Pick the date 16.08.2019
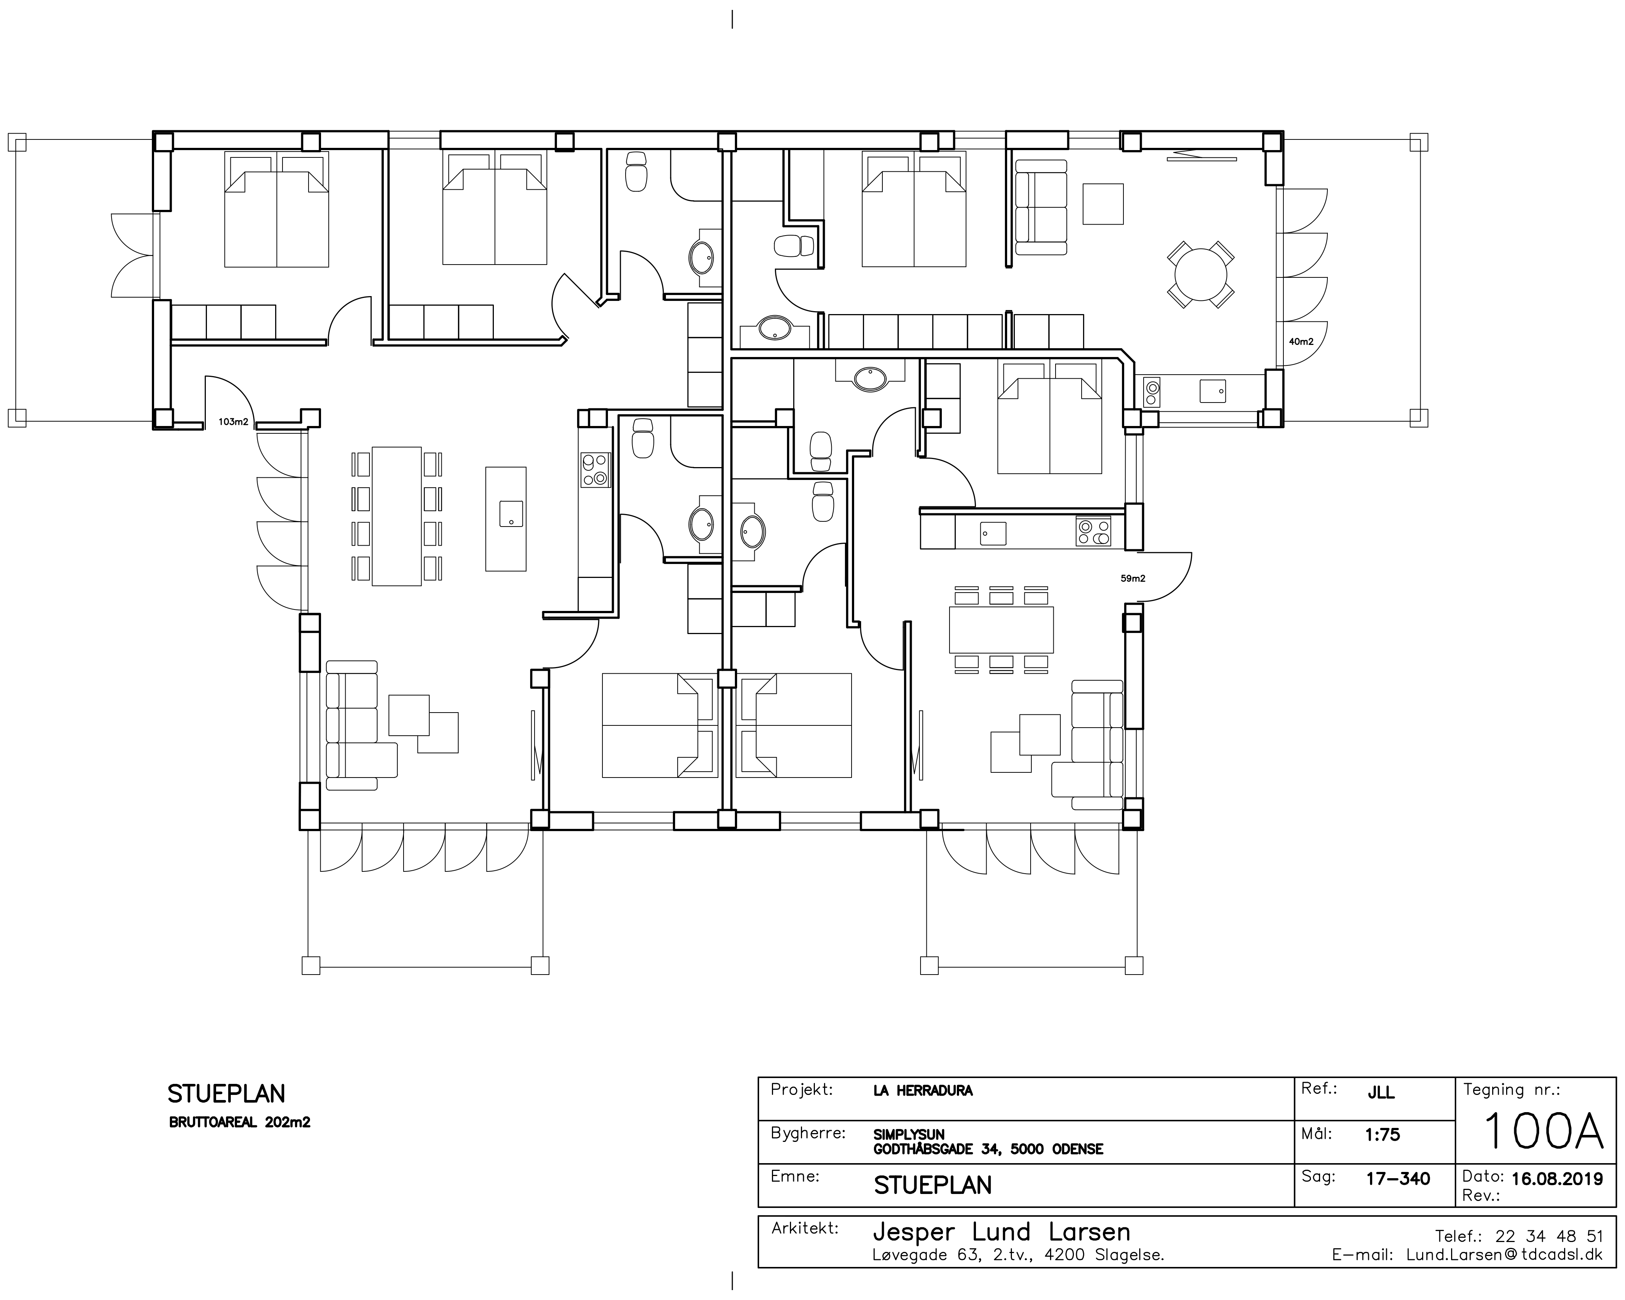click(x=1557, y=1179)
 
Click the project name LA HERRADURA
click(x=923, y=1090)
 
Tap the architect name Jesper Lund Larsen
click(x=1002, y=1232)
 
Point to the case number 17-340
click(x=1398, y=1179)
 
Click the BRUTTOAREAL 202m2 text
click(x=240, y=1122)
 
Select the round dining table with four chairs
click(x=1200, y=274)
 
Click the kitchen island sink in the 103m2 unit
click(x=511, y=514)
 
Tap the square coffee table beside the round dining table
click(x=1103, y=204)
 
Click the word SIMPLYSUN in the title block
click(x=909, y=1134)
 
